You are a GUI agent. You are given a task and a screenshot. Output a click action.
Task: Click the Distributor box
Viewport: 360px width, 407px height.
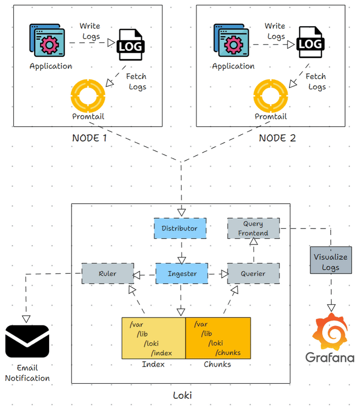tap(179, 229)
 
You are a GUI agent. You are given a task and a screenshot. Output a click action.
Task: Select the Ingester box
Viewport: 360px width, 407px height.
tap(182, 274)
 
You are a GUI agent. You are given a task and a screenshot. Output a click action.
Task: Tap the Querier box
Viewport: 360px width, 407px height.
tap(253, 274)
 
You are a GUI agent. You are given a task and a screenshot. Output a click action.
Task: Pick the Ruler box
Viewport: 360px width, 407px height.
tap(108, 274)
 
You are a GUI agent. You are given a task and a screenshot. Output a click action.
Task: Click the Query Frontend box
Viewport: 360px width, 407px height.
tap(253, 228)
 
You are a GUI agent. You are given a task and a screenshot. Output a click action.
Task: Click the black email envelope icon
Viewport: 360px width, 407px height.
tap(27, 341)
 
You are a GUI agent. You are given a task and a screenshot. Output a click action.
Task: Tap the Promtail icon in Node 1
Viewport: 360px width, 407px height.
tap(88, 95)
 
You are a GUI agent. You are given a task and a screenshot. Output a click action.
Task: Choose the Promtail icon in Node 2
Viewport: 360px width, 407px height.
tap(271, 95)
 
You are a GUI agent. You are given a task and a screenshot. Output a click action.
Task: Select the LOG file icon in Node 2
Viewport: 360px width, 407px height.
tap(310, 43)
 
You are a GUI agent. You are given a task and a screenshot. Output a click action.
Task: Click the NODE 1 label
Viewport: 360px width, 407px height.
tap(89, 138)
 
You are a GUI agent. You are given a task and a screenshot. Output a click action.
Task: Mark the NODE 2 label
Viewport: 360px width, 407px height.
tap(277, 138)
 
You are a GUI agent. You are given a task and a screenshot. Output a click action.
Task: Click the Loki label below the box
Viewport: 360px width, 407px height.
tap(182, 396)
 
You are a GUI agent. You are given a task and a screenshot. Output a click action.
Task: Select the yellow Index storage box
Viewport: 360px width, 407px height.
tap(154, 338)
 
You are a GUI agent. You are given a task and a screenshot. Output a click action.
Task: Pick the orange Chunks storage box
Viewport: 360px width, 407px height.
tap(218, 338)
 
